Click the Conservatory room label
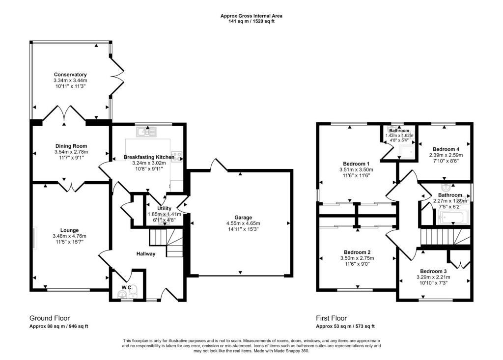click(70, 75)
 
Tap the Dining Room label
click(70, 146)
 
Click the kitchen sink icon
click(146, 131)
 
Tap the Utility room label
click(165, 209)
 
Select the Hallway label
click(146, 254)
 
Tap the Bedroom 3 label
click(433, 271)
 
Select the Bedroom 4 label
click(446, 149)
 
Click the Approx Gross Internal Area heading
click(251, 16)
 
